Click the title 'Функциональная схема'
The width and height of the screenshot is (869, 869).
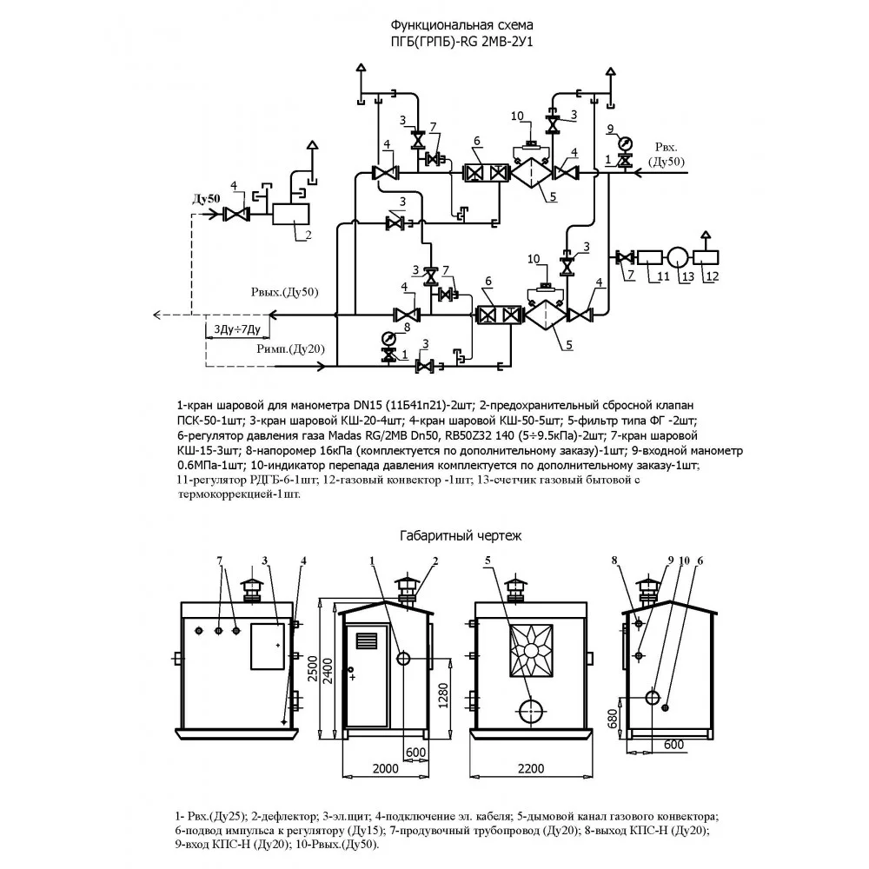pyautogui.click(x=461, y=25)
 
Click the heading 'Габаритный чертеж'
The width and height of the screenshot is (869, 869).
pyautogui.click(x=461, y=536)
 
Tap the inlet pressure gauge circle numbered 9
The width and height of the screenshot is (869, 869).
pyautogui.click(x=626, y=143)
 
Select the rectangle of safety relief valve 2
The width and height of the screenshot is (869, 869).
pyautogui.click(x=291, y=214)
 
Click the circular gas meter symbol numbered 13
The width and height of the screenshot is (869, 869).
pyautogui.click(x=677, y=257)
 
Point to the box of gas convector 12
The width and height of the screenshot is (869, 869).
pyautogui.click(x=706, y=257)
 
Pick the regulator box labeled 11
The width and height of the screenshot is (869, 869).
pyautogui.click(x=649, y=257)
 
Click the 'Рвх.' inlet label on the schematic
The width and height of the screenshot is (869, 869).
pyautogui.click(x=666, y=148)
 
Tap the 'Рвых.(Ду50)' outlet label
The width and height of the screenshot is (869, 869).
pyautogui.click(x=285, y=292)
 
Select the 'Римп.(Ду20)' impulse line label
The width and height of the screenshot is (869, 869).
pyautogui.click(x=290, y=349)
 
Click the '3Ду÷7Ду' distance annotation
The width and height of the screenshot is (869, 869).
pyautogui.click(x=237, y=329)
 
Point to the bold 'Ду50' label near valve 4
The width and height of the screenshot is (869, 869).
pyautogui.click(x=206, y=199)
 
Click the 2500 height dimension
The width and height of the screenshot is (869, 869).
pyautogui.click(x=313, y=669)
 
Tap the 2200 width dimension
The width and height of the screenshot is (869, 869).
pyautogui.click(x=531, y=769)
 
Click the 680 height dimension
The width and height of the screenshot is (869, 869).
pyautogui.click(x=614, y=719)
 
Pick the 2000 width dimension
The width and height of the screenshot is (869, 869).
pyautogui.click(x=385, y=769)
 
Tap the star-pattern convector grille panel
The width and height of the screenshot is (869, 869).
pyautogui.click(x=531, y=651)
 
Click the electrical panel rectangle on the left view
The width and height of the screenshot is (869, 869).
pyautogui.click(x=268, y=647)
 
